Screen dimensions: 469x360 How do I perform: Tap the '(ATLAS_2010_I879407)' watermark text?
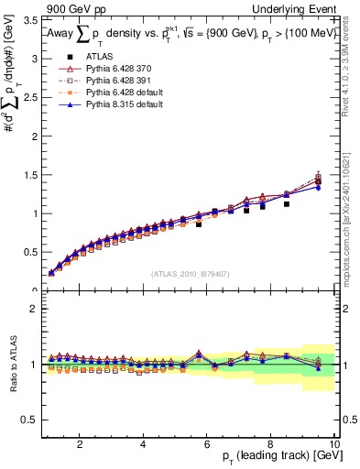190,273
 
